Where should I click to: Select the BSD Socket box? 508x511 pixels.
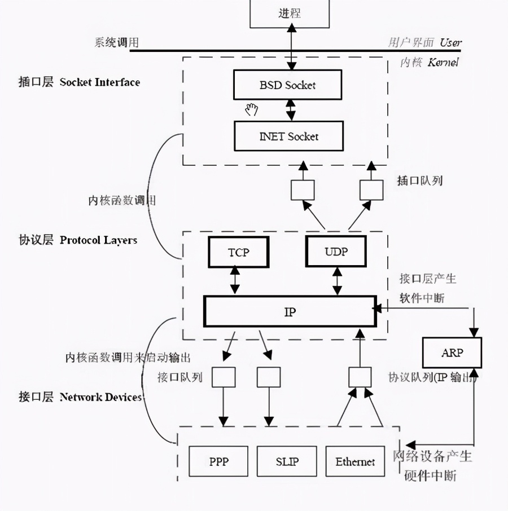(288, 85)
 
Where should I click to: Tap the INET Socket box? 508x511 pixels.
(288, 136)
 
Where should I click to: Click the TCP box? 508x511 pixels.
(238, 252)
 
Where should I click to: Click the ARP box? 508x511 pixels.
(452, 353)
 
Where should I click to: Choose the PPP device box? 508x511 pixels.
(218, 462)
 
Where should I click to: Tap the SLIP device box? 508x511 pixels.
(287, 462)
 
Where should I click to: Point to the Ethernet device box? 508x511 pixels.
(355, 462)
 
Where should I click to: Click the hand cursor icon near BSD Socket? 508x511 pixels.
(252, 109)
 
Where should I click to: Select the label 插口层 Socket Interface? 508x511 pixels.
(79, 82)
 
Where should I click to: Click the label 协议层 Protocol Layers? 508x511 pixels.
(78, 240)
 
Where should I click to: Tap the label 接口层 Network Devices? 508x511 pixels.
(80, 397)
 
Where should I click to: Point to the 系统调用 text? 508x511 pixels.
(116, 43)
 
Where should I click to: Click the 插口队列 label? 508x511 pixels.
(419, 180)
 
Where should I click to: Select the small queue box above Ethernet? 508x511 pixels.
(360, 377)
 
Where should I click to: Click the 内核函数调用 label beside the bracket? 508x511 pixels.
(122, 200)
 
